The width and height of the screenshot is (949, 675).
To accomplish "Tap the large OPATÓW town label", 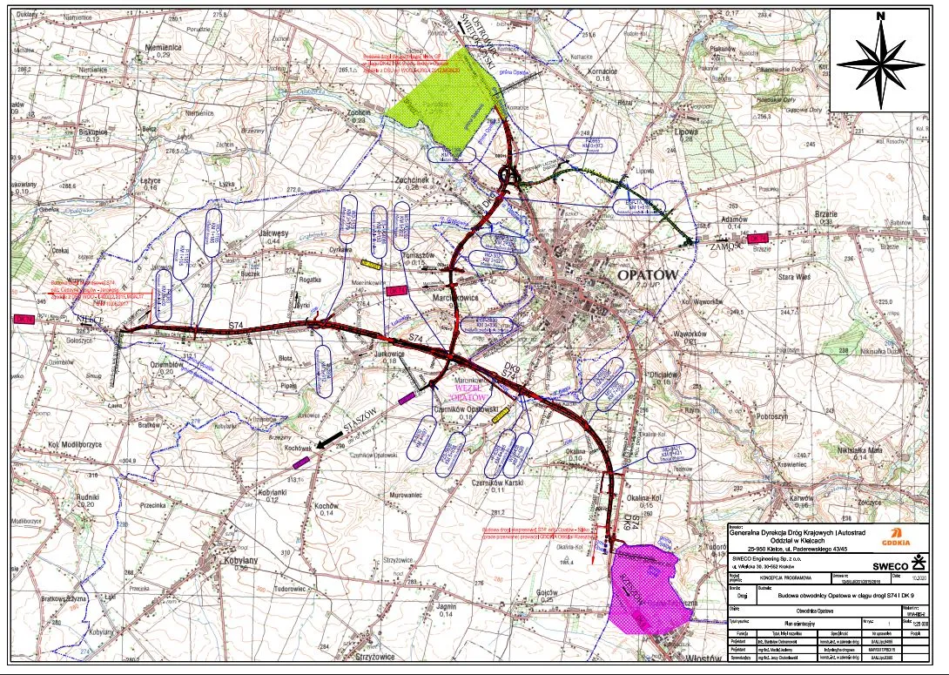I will tap(646, 274).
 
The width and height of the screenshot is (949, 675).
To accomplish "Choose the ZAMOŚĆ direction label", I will tap(724, 247).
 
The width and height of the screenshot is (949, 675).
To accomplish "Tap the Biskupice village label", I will tap(92, 132).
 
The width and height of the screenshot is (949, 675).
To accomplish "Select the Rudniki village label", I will tap(89, 497).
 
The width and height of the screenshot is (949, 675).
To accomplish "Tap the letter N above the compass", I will tap(881, 16).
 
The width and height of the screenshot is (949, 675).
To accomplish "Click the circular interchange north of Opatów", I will tap(510, 177).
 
